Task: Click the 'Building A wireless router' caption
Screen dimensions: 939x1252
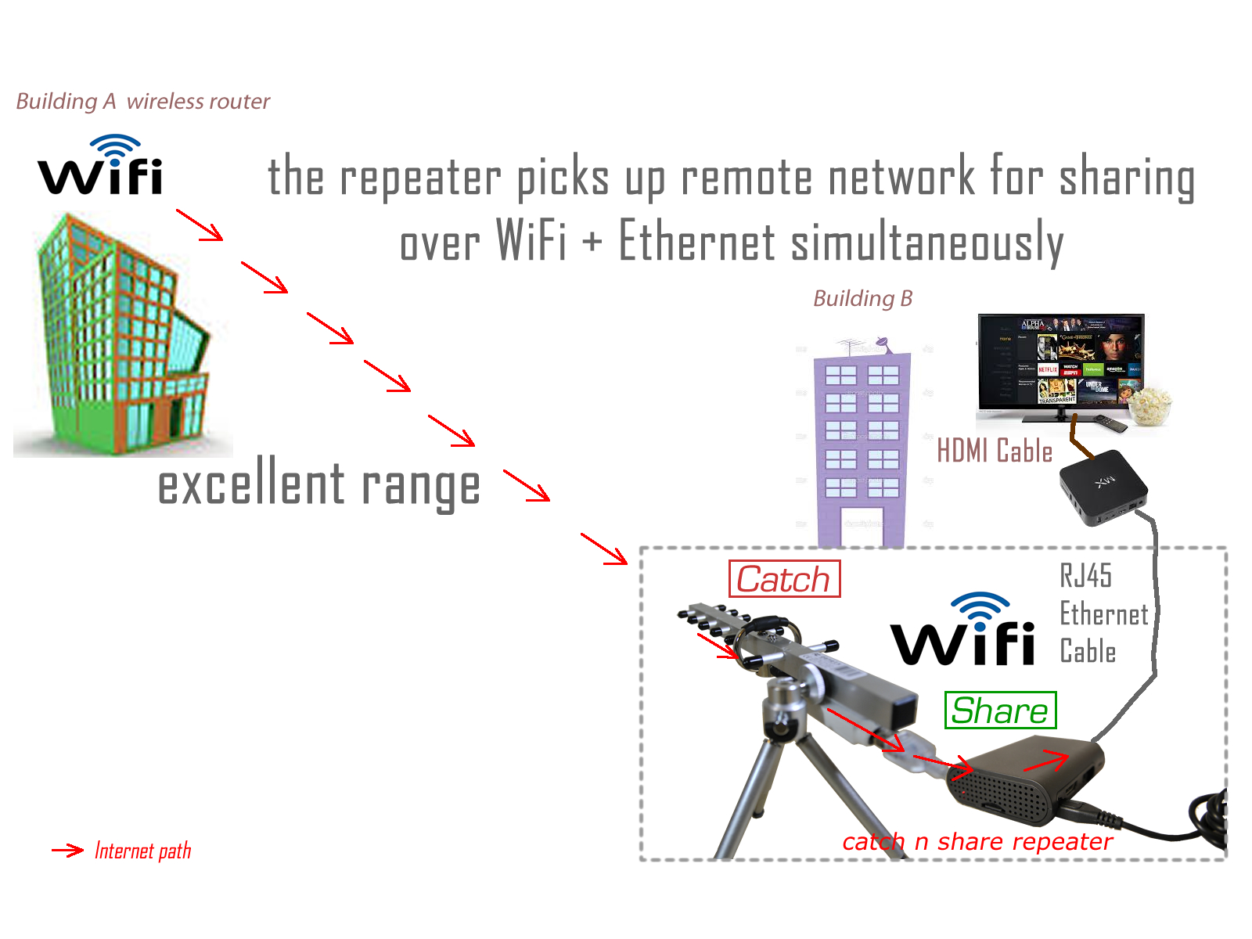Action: click(142, 102)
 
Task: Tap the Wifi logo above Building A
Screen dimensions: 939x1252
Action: click(100, 166)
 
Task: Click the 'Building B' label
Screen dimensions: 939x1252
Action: click(862, 299)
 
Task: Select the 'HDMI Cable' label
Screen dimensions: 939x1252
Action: click(995, 452)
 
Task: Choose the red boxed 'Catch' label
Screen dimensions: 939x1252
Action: click(784, 579)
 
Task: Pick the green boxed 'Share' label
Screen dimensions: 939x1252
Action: click(1000, 711)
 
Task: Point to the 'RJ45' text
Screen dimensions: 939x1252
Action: click(1085, 576)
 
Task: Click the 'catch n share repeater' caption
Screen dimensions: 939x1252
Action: click(977, 842)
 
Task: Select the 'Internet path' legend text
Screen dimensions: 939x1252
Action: click(142, 851)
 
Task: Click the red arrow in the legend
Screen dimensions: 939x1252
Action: click(67, 851)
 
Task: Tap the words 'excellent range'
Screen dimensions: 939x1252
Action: click(318, 485)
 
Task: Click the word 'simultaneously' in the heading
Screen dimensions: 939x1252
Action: click(927, 242)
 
